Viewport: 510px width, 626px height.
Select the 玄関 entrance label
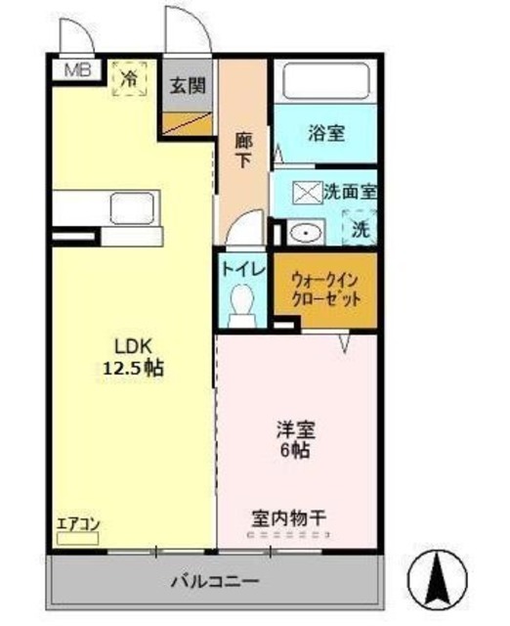coord(188,85)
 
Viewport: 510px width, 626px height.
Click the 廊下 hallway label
coord(243,148)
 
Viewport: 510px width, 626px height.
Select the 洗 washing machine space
coord(361,229)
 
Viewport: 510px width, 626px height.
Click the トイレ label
coord(241,266)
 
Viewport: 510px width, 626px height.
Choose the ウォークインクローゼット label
coord(326,288)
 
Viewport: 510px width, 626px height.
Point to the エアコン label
coord(78,523)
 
